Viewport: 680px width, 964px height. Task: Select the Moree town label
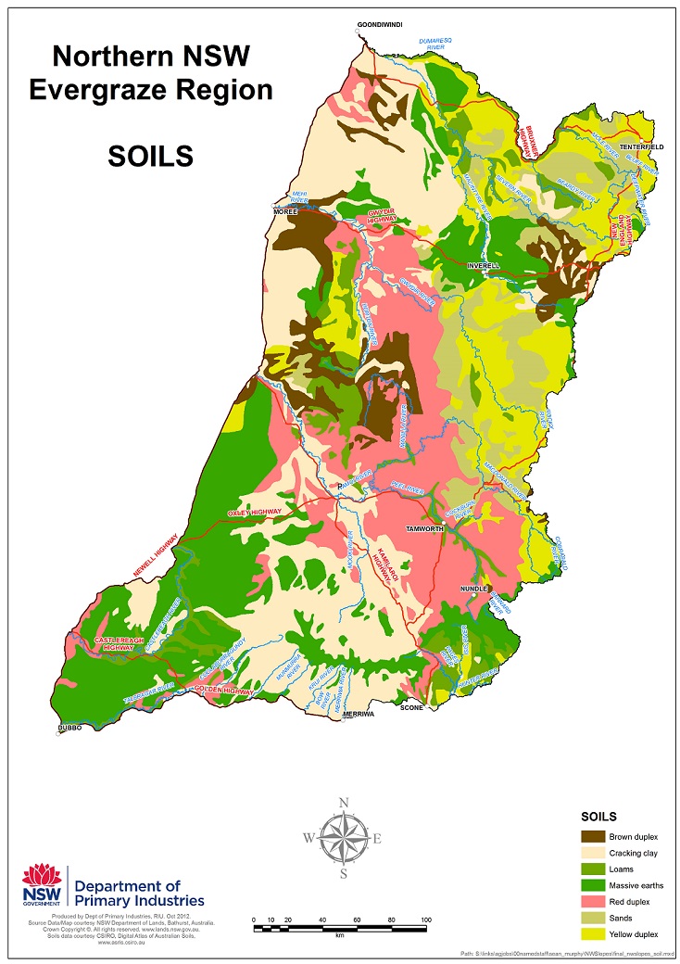coord(283,211)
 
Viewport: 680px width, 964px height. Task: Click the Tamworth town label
coord(426,528)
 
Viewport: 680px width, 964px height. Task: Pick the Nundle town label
coord(473,589)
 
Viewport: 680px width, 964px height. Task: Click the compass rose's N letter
coord(344,803)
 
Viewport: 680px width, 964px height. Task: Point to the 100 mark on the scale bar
coord(425,920)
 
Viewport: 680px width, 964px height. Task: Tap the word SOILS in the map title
coord(150,156)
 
